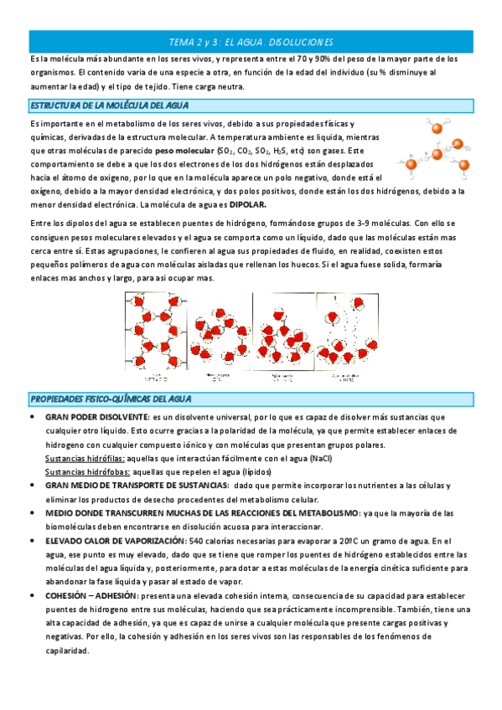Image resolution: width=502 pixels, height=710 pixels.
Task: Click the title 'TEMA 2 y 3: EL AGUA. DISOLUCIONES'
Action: pyautogui.click(x=251, y=42)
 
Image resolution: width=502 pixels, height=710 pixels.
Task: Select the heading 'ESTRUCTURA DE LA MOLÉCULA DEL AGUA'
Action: pyautogui.click(x=109, y=105)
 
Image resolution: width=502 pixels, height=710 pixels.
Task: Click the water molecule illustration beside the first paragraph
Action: pyautogui.click(x=437, y=147)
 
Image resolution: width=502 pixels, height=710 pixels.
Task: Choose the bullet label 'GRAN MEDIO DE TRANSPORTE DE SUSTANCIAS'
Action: pyautogui.click(x=137, y=486)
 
